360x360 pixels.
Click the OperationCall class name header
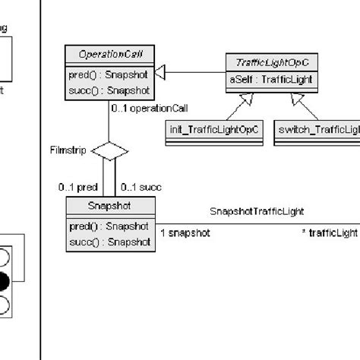tap(110, 54)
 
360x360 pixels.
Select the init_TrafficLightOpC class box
tap(213, 131)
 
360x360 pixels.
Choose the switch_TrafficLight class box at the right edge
tap(316, 131)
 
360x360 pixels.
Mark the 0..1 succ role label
tap(141, 187)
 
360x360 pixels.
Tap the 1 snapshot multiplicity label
tap(185, 233)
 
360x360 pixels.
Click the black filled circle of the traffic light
tap(4, 282)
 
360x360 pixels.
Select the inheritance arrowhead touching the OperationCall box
tap(160, 72)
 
